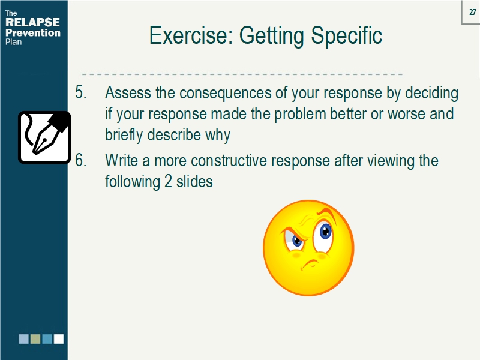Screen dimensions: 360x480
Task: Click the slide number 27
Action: coord(472,12)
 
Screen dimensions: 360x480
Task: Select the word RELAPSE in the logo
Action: coord(32,23)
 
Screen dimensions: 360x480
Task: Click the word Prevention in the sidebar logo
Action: coord(33,33)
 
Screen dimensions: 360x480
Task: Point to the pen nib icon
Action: coord(44,137)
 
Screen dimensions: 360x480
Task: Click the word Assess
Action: coord(127,94)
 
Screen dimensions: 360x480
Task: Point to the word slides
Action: coord(195,181)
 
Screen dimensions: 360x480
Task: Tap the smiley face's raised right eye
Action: coord(325,230)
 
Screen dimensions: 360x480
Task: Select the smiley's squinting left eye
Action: coord(296,241)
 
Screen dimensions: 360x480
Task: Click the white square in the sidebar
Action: coord(58,339)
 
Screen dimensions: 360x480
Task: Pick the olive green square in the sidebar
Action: coord(35,339)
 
